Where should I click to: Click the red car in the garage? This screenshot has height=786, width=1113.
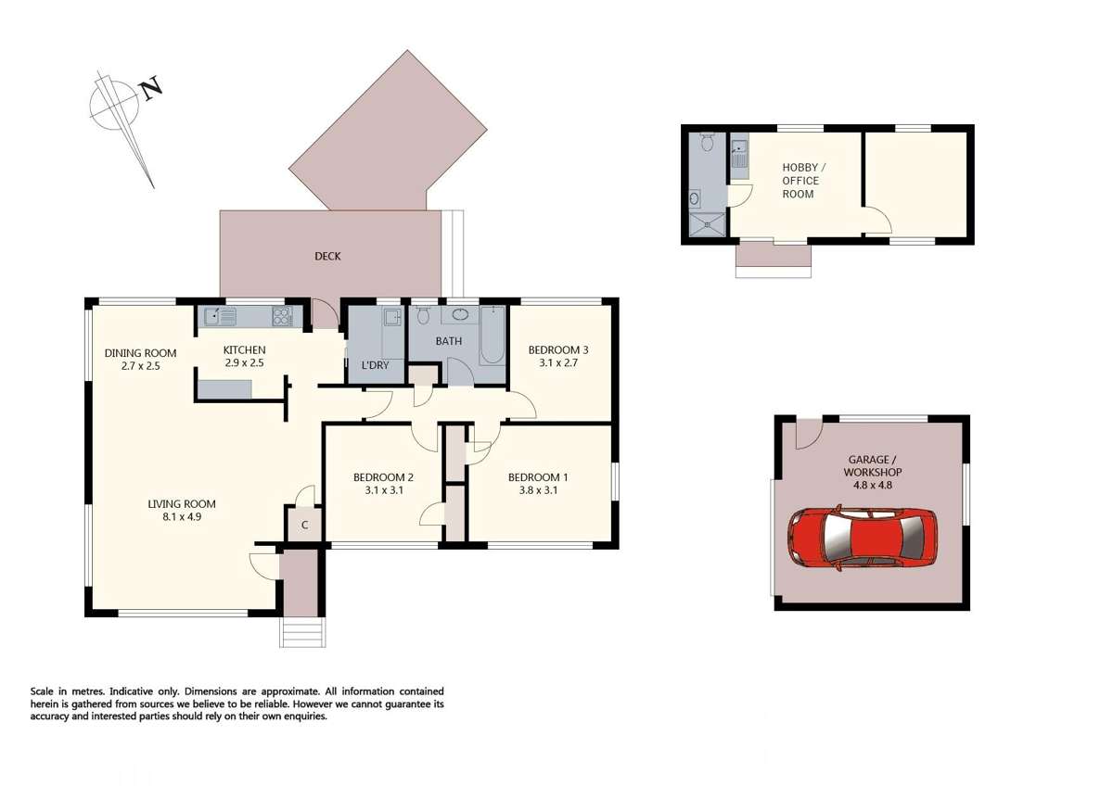coord(862,537)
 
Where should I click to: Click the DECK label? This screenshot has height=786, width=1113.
coord(327,256)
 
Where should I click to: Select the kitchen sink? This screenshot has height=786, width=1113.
coord(220,316)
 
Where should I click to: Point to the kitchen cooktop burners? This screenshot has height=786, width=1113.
coord(281,316)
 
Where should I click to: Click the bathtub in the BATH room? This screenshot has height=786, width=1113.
coord(493,336)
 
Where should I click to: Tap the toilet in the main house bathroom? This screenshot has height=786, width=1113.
coord(423,316)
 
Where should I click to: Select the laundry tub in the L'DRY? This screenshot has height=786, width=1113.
coord(392,320)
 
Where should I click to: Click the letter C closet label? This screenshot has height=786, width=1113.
coord(304,526)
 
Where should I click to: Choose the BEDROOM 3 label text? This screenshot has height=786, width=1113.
coord(558,349)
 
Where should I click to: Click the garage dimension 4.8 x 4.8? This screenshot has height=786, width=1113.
coord(872,485)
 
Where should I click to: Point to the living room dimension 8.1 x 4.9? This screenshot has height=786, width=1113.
coord(182,517)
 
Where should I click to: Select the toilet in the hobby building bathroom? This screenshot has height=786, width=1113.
coord(708,143)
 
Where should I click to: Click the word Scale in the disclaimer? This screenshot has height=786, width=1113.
coord(46,691)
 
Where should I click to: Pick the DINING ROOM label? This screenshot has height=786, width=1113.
coord(140,352)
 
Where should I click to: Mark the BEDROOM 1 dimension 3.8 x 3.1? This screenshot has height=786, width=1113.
coord(538,490)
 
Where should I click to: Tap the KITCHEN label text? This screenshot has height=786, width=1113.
coord(244,349)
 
